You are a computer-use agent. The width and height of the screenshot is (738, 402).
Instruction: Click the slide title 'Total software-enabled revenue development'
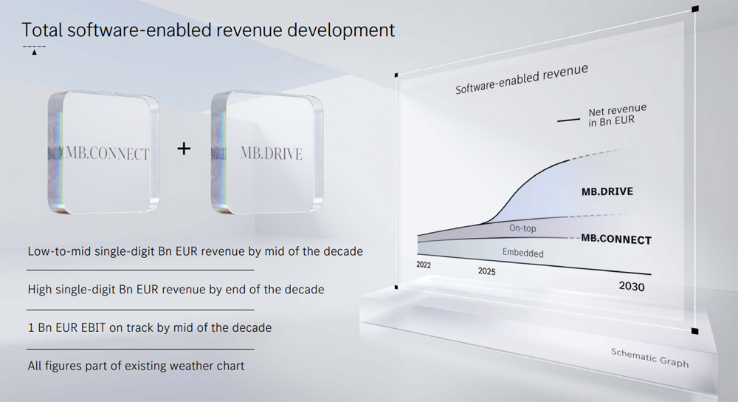click(208, 30)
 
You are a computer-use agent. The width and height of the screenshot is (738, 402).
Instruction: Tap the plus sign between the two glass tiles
click(184, 149)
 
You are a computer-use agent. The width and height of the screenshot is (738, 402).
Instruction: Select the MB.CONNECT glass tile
click(103, 152)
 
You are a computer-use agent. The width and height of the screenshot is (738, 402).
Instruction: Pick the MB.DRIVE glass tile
click(267, 152)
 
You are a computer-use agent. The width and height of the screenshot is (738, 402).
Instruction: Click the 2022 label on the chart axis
click(424, 265)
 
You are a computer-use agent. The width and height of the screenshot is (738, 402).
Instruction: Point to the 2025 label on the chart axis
click(486, 271)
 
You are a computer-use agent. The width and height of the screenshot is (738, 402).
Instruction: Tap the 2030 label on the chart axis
click(632, 286)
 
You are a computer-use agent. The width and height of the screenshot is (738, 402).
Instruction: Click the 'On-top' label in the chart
click(523, 228)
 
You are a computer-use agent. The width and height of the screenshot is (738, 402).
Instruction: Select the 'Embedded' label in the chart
click(523, 253)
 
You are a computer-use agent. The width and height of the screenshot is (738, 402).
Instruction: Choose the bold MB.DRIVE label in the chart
click(607, 191)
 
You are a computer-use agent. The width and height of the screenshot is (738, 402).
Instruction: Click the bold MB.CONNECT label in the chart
click(616, 239)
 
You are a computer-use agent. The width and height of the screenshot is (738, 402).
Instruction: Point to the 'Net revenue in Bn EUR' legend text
click(617, 115)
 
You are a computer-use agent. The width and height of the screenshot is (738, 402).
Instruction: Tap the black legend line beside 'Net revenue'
click(568, 120)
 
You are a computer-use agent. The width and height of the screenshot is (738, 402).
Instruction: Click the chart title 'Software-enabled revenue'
click(522, 79)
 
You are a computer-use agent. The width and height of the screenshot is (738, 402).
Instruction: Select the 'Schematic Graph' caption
click(649, 358)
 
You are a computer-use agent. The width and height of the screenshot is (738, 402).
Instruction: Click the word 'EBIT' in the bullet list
click(93, 327)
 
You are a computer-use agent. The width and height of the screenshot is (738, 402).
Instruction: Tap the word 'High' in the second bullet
click(40, 290)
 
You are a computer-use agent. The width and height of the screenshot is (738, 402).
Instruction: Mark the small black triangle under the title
click(35, 52)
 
